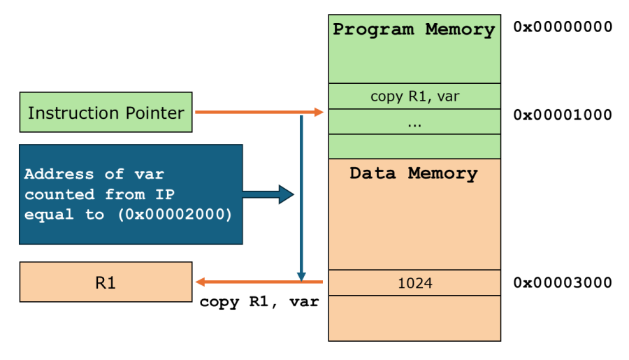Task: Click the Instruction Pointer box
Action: pyautogui.click(x=106, y=113)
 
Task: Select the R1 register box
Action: pyautogui.click(x=106, y=282)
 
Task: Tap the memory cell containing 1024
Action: pyautogui.click(x=414, y=283)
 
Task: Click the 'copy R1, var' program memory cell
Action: pyautogui.click(x=414, y=96)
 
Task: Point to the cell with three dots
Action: pyautogui.click(x=414, y=122)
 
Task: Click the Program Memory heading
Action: pyautogui.click(x=414, y=30)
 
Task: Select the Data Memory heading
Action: pyautogui.click(x=414, y=173)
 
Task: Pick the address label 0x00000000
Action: pyautogui.click(x=563, y=27)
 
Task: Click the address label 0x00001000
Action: pyautogui.click(x=563, y=115)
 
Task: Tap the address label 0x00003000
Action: pyautogui.click(x=563, y=282)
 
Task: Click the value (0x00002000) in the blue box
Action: pyautogui.click(x=171, y=215)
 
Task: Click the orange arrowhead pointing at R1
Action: pyautogui.click(x=201, y=282)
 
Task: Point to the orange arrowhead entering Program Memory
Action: pyautogui.click(x=320, y=112)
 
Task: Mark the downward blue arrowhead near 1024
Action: pyautogui.click(x=302, y=276)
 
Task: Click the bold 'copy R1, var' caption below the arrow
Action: pyautogui.click(x=259, y=303)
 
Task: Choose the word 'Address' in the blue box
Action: pyautogui.click(x=59, y=174)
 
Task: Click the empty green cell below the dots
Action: pyautogui.click(x=414, y=146)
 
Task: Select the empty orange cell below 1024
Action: pyautogui.click(x=414, y=318)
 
